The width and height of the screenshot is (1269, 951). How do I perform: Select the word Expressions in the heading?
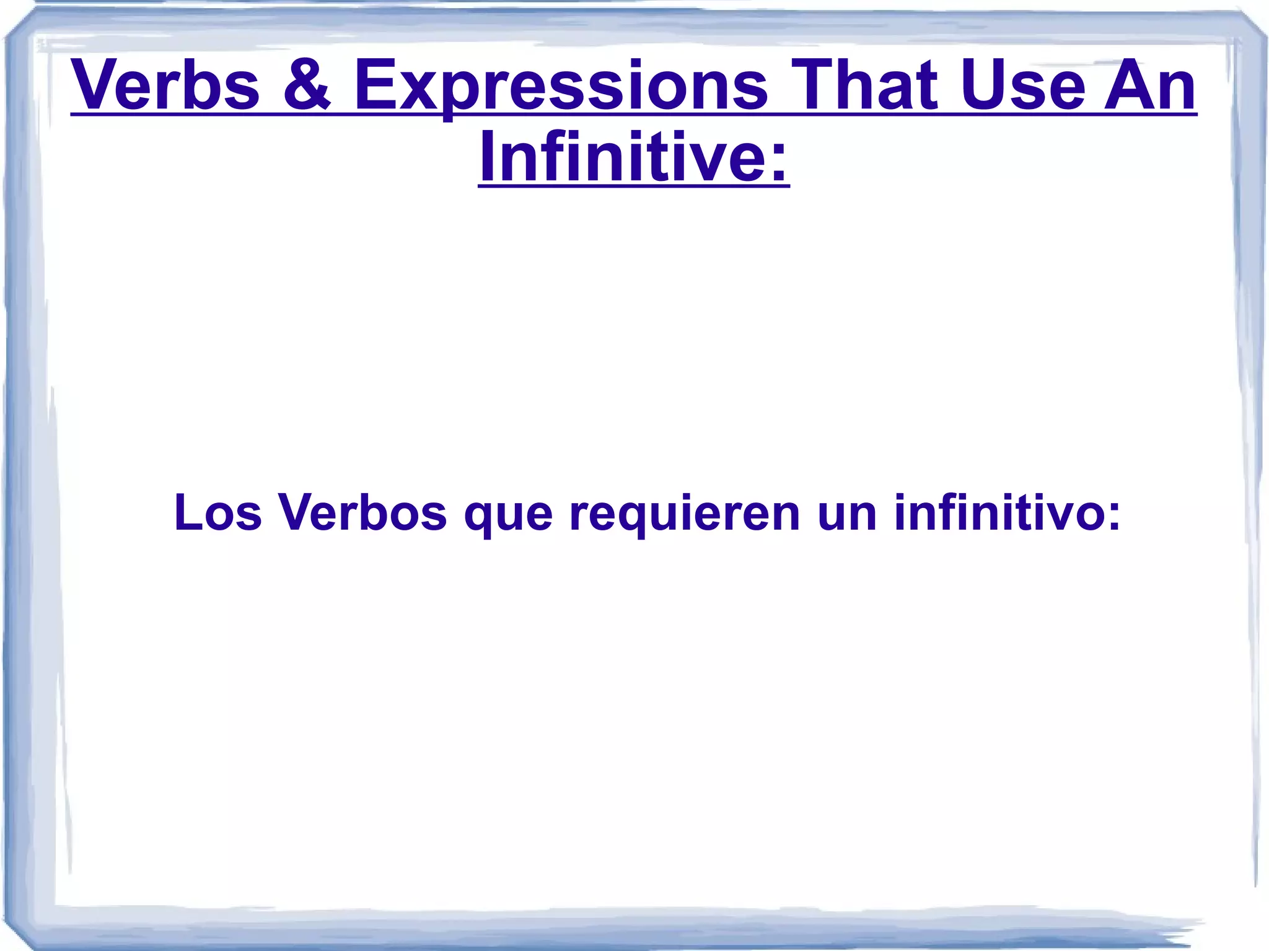[560, 87]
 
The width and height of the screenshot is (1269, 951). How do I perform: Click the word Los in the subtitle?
[217, 512]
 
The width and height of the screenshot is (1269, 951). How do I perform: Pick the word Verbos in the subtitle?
[362, 512]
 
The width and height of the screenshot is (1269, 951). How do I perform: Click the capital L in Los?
[187, 512]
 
